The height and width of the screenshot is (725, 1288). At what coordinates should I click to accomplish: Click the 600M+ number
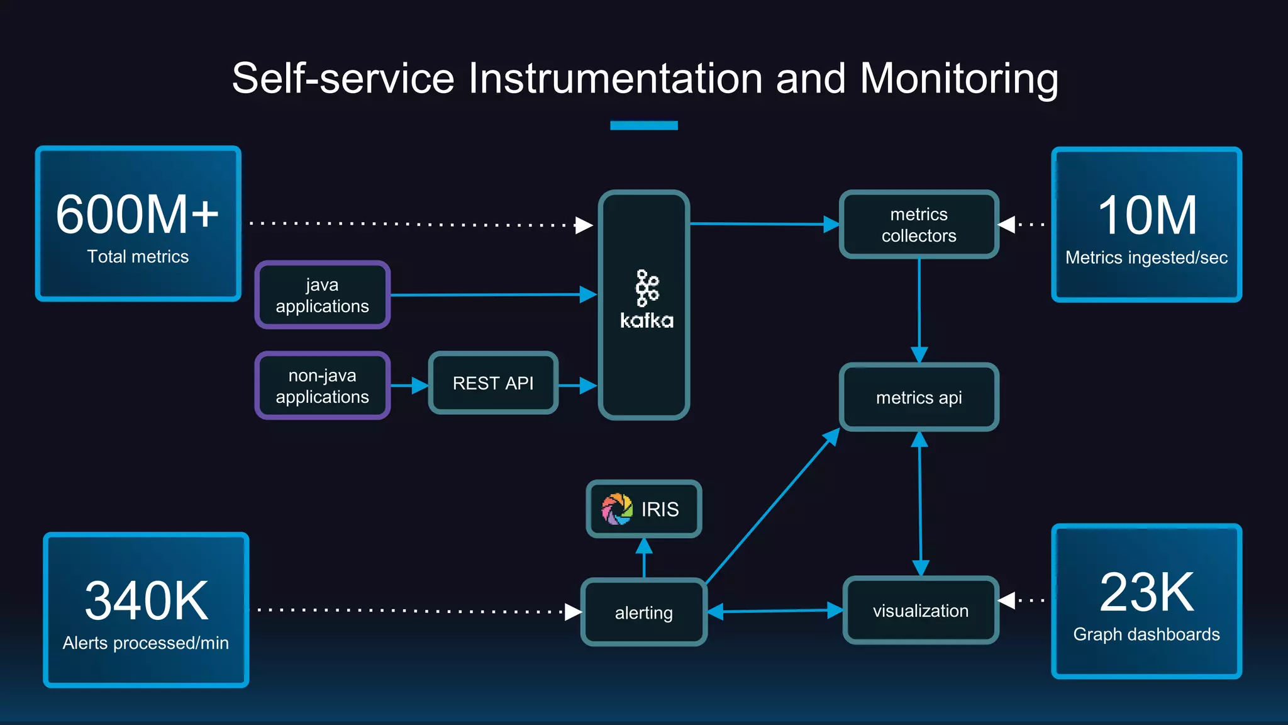coord(137,215)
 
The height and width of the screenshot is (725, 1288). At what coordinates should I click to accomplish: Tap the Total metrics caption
coord(138,257)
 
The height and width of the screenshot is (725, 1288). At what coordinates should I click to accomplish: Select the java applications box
coord(322,295)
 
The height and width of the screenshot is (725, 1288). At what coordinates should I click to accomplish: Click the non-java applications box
coord(322,386)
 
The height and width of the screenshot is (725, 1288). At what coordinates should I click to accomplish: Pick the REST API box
coord(493,383)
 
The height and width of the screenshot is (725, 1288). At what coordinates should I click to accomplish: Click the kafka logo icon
coord(647,288)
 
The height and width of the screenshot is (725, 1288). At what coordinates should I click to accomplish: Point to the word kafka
coord(647,321)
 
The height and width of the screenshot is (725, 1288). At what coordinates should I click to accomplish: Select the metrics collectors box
coord(918,225)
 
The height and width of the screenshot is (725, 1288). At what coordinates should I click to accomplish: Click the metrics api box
coord(918,397)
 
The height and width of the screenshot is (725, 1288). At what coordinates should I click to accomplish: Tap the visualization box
coord(920,610)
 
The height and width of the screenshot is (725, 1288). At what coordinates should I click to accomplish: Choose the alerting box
coord(643,612)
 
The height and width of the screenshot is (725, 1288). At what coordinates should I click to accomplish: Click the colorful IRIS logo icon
coord(617,509)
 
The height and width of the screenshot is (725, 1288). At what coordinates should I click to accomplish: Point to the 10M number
coord(1146,215)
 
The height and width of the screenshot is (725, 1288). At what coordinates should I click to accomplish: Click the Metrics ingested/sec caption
coord(1146,257)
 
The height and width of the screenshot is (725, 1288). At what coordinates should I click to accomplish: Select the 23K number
coord(1146,592)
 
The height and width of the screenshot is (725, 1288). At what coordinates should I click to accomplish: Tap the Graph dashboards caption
coord(1146,634)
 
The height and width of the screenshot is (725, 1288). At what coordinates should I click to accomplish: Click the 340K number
coord(146,601)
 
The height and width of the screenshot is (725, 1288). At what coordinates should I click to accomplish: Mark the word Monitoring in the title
coord(958,79)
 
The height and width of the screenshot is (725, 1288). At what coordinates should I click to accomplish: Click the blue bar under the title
coord(643,125)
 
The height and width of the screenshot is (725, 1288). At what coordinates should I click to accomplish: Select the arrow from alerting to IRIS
coord(643,557)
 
